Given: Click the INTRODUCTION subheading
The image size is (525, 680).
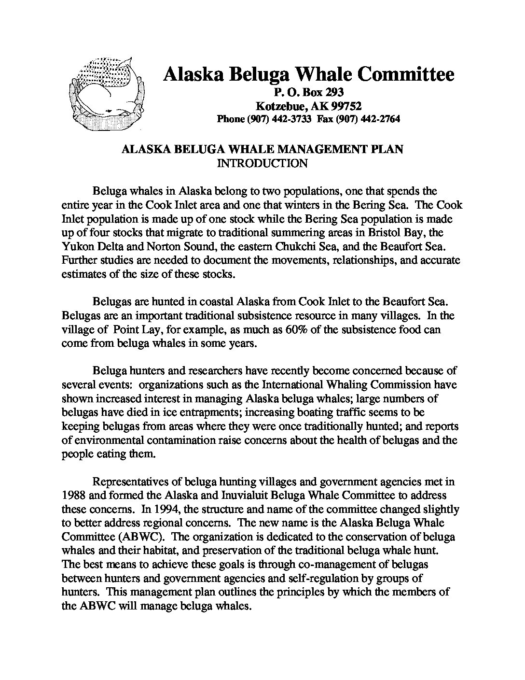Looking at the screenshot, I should (262, 163).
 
